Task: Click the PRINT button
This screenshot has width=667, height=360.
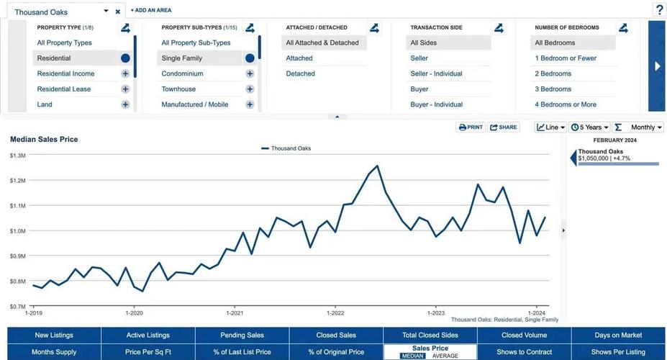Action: (471, 127)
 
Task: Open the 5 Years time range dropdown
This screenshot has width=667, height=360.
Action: (589, 127)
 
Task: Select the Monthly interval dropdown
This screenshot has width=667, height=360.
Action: (637, 127)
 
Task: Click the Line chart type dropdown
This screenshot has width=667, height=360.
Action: (550, 127)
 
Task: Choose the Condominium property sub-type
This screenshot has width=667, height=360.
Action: (182, 73)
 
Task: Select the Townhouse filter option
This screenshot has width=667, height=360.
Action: (178, 89)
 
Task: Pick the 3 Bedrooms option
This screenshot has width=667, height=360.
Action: (553, 89)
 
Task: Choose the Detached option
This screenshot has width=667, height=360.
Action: (300, 73)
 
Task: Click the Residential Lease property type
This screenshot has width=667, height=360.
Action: (64, 89)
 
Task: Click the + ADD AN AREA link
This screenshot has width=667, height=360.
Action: (151, 11)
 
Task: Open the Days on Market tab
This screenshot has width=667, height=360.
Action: (618, 335)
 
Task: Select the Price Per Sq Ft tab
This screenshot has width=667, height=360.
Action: (148, 352)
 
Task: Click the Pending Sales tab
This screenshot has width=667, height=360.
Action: (242, 335)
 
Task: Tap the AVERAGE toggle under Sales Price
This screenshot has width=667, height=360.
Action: (445, 356)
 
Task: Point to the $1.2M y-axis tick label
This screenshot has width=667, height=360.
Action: (18, 181)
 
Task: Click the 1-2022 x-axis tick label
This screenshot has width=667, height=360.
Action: (335, 313)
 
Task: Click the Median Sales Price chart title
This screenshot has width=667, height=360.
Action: (44, 140)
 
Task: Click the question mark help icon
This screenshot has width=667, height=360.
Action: (659, 10)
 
